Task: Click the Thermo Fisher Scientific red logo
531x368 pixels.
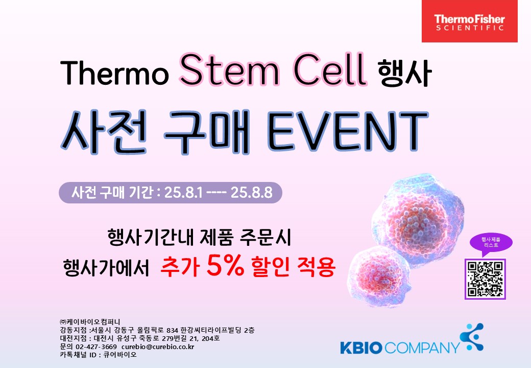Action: pos(469,21)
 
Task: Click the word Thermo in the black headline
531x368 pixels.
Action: pos(114,73)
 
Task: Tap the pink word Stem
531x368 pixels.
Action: pos(229,69)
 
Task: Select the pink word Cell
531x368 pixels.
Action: pos(330,68)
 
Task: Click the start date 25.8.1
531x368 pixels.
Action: pos(183,193)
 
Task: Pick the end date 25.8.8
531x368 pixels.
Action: pos(251,193)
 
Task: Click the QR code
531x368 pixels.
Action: pos(485,279)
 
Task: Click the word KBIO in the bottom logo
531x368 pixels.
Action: pos(361,348)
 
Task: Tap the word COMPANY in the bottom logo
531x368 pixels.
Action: pos(422,348)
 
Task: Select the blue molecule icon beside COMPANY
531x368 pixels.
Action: pos(472,337)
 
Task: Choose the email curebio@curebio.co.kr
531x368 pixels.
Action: pos(158,347)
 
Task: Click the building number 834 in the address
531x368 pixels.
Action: pos(173,330)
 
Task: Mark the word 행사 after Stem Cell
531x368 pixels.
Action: pos(404,73)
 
